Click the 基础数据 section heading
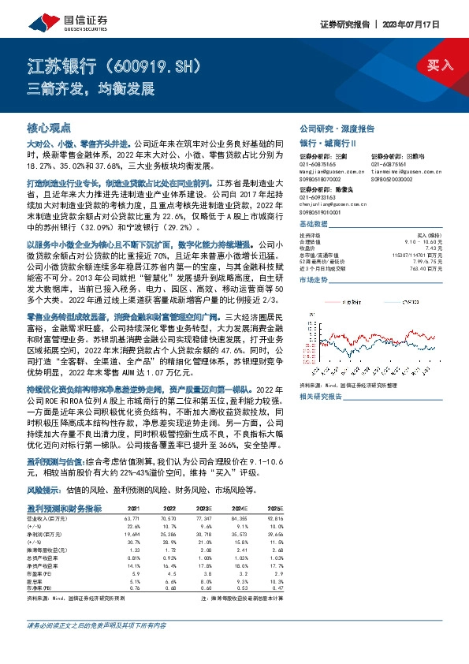pyautogui.click(x=315, y=225)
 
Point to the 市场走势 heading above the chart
pyautogui.click(x=315, y=280)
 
